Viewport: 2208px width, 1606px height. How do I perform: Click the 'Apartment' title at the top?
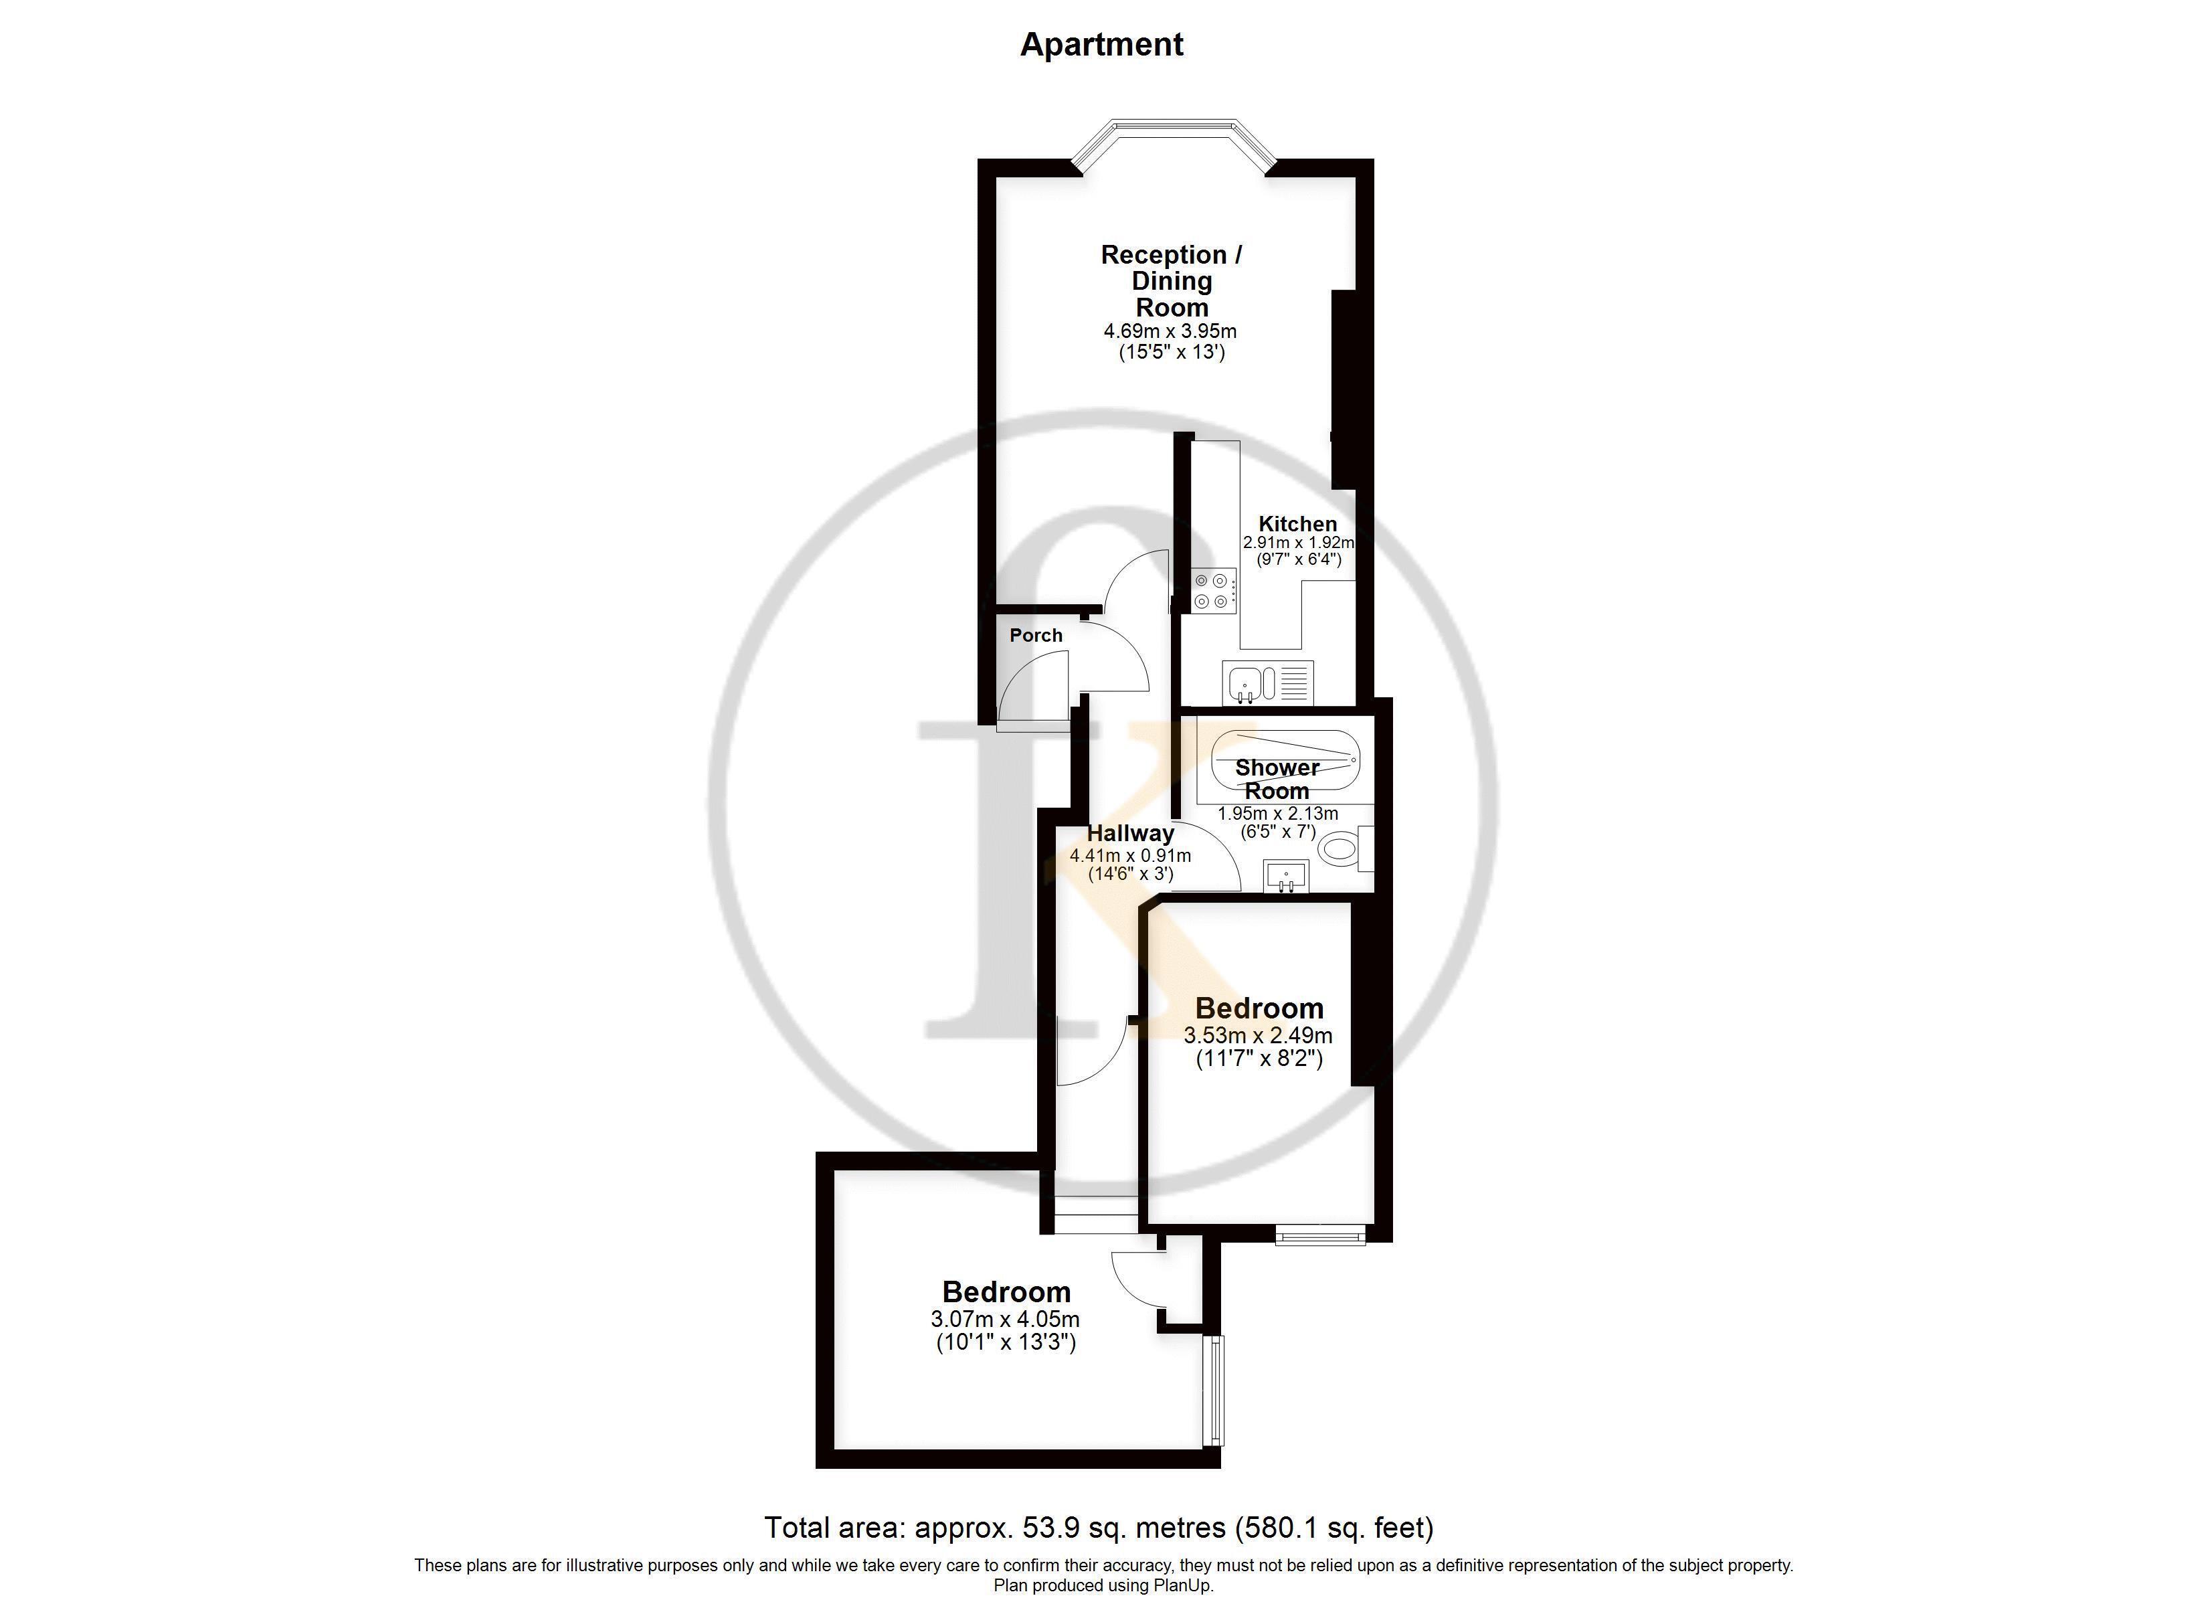click(x=1101, y=45)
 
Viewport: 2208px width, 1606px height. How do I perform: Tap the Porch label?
click(x=1036, y=635)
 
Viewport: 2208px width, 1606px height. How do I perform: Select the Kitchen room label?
click(x=1298, y=524)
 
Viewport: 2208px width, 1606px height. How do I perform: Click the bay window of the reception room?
click(x=1172, y=144)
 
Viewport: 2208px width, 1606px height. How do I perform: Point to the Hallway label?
click(x=1130, y=834)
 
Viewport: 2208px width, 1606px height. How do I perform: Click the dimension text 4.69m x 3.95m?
click(x=1170, y=331)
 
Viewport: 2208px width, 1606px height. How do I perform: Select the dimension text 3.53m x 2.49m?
click(x=1258, y=1035)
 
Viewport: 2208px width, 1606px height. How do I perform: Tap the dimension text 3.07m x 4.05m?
click(x=1006, y=1320)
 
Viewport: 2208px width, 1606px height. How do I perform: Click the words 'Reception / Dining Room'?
click(x=1171, y=280)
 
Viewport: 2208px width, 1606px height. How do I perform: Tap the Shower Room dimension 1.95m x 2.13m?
click(x=1277, y=813)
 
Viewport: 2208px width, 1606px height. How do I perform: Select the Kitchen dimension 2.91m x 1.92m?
click(x=1299, y=543)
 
